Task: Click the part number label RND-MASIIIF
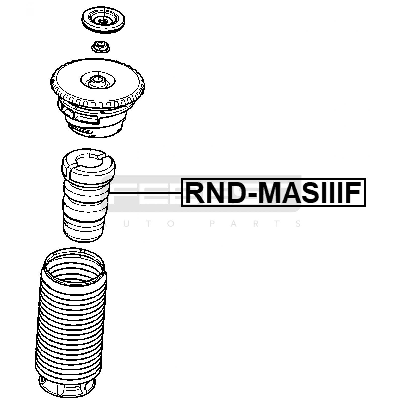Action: coord(273,193)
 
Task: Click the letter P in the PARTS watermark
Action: coord(213,224)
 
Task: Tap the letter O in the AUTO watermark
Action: coord(171,224)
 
